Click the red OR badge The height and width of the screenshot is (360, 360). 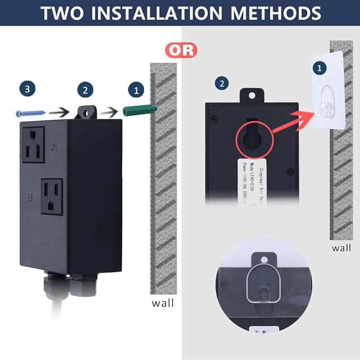(x=181, y=50)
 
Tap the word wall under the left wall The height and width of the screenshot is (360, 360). (x=162, y=304)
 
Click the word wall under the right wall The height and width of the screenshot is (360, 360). (x=341, y=248)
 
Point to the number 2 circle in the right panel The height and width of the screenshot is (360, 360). (x=221, y=83)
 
